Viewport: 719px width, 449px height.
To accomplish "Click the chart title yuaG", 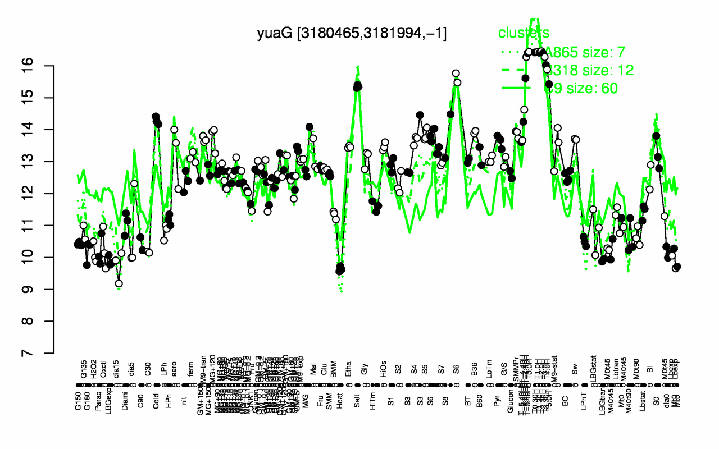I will tap(352, 34).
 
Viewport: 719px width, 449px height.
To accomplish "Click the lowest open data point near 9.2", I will tap(119, 283).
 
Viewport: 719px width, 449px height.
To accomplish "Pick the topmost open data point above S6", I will tap(456, 74).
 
